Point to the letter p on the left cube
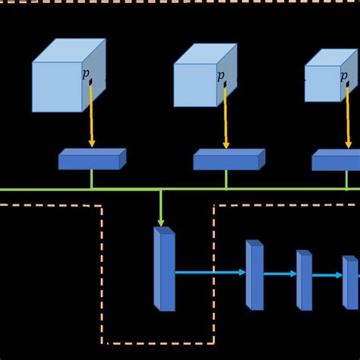tap(85, 74)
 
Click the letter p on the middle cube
tap(220, 75)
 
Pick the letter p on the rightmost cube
tap(343, 75)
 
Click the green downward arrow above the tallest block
tap(161, 207)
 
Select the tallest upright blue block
tap(164, 269)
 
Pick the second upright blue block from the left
tap(254, 275)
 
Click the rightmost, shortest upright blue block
tap(349, 282)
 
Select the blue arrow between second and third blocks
tap(279, 274)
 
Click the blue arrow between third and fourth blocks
tap(327, 276)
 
